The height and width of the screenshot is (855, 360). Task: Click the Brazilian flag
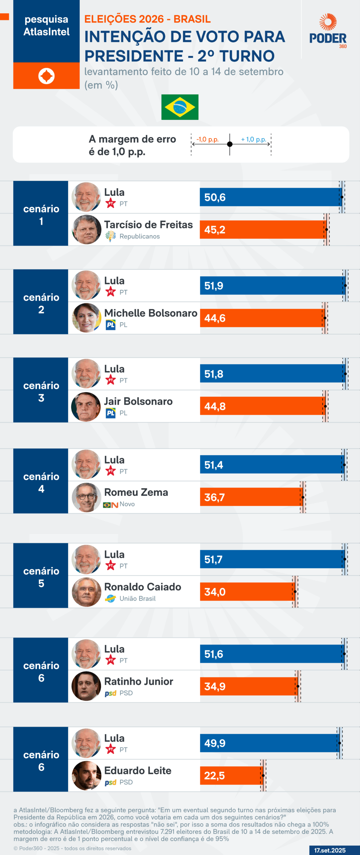point(180,107)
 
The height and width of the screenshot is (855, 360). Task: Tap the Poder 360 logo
point(328,31)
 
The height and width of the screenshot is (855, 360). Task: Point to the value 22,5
point(214,776)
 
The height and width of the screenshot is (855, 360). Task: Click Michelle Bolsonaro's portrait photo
point(86,318)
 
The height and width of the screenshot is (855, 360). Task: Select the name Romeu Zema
point(136,492)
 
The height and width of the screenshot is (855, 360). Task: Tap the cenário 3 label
point(41,391)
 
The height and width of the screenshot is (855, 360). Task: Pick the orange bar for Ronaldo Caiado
point(247,592)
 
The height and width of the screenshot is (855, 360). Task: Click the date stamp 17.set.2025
point(330,850)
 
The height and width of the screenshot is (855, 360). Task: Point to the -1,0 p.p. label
point(207,139)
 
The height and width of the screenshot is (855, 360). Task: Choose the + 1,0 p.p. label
point(253,139)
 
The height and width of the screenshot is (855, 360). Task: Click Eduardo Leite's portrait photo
point(86,776)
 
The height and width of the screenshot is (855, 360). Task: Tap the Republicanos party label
point(140,236)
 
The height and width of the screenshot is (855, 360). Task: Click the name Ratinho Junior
point(139,681)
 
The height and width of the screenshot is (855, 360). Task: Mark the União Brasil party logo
point(111,598)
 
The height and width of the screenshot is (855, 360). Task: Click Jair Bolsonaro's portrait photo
point(86,406)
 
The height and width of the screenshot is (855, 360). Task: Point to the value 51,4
point(214,465)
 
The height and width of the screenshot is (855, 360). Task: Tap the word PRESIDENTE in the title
point(134,56)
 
